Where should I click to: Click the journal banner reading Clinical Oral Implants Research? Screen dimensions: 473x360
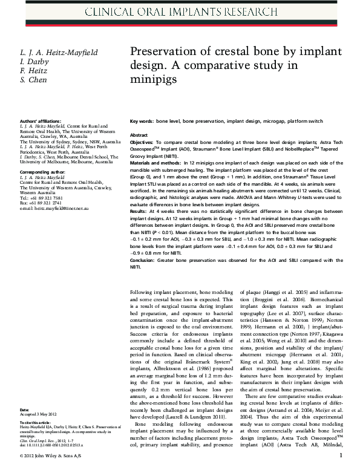point(180,11)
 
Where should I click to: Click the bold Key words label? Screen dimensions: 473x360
point(142,122)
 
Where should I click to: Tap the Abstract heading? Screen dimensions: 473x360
point(139,135)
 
